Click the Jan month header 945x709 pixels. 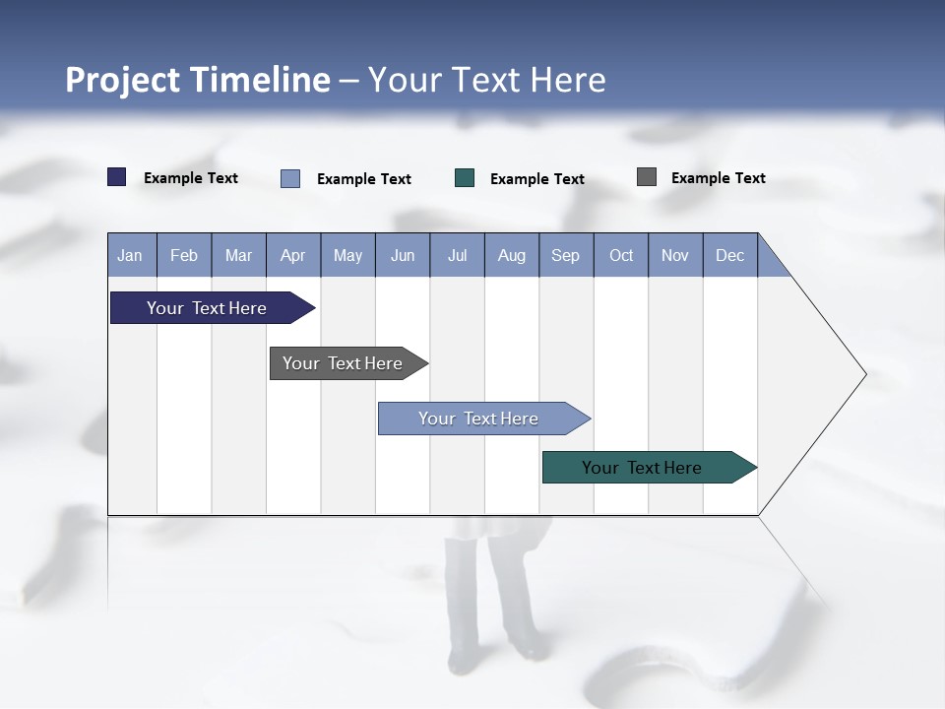[131, 255]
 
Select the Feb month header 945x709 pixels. [184, 255]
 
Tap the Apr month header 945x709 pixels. [293, 255]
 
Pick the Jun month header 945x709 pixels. [403, 255]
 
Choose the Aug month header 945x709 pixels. [512, 255]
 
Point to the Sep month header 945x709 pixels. [566, 255]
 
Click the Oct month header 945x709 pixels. [621, 255]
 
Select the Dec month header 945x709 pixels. [730, 255]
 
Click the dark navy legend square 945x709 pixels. [117, 177]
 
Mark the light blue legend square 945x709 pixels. [290, 178]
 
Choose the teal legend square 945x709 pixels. [465, 178]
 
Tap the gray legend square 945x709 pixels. [647, 177]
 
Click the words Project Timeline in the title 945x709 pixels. [198, 80]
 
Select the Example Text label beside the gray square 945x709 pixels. [719, 178]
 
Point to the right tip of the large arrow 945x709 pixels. [863, 374]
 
